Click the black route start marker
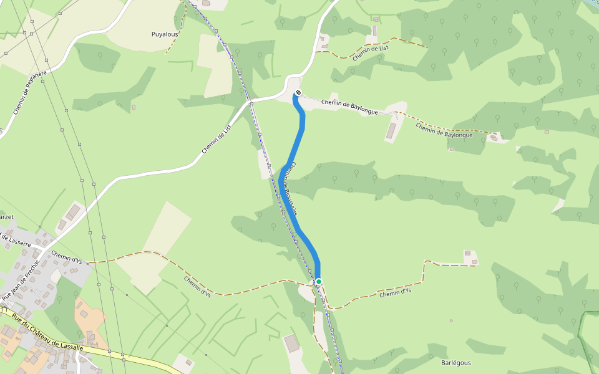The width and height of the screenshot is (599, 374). [298, 93]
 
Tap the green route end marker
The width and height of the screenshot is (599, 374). [318, 282]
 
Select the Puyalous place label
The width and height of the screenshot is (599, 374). [165, 34]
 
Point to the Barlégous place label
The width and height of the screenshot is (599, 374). [455, 362]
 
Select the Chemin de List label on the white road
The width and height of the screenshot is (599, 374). [217, 140]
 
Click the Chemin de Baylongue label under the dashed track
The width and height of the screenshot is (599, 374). [444, 130]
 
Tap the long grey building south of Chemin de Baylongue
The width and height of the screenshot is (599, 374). [391, 131]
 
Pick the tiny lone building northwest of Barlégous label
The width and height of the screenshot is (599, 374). [450, 320]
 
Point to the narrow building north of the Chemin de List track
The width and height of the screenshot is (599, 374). [375, 31]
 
